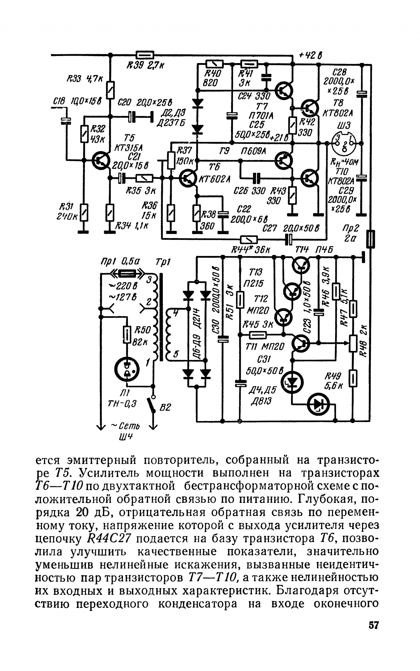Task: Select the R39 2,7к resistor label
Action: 145,66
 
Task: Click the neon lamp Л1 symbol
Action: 127,368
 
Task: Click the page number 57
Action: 373,625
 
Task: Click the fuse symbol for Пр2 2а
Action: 371,239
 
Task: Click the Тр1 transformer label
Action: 163,261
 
